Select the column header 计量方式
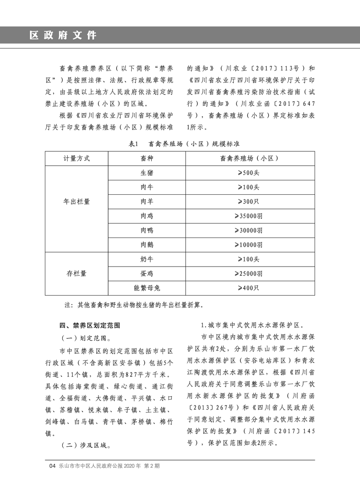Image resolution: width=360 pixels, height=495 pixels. [76, 158]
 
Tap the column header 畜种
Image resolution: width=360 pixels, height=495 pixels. [147, 158]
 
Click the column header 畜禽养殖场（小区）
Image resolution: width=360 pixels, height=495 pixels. [249, 158]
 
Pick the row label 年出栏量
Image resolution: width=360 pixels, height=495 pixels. [76, 201]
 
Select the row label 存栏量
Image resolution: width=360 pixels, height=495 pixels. [76, 274]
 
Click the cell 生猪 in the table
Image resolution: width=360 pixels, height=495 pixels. [147, 173]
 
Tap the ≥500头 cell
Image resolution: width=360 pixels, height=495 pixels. [249, 173]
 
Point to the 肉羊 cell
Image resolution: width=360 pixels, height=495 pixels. [147, 202]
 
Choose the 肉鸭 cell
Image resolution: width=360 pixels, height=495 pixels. [147, 230]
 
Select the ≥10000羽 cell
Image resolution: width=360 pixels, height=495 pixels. [249, 245]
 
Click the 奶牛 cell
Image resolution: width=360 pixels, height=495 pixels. [147, 259]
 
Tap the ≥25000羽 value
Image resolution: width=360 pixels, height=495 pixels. [249, 274]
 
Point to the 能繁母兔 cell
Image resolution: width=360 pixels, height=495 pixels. [147, 288]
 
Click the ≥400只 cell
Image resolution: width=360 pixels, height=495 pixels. [249, 288]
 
